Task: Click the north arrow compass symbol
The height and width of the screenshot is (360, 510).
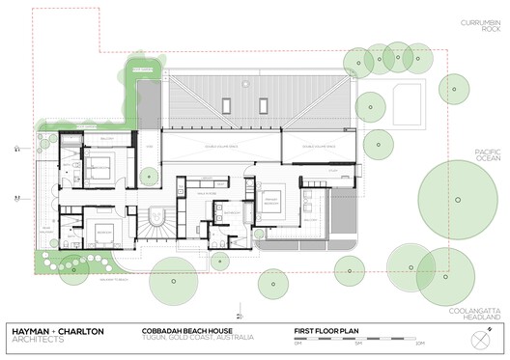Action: (481, 340)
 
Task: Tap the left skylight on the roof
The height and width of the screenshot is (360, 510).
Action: (226, 105)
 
